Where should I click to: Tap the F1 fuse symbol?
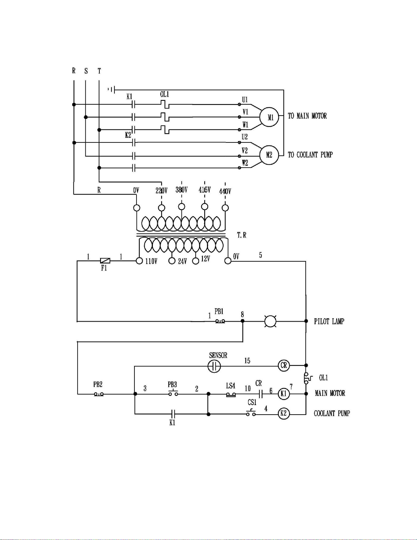click(x=105, y=261)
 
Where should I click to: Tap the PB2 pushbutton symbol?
click(x=99, y=394)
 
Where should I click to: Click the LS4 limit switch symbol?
click(x=231, y=395)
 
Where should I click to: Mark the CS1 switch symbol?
click(x=251, y=413)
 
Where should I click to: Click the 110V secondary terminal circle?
click(x=139, y=261)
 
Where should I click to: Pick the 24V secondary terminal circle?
click(x=172, y=261)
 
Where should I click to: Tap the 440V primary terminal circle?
click(x=225, y=207)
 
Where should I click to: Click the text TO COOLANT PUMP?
click(x=310, y=155)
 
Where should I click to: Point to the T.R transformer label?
click(x=241, y=235)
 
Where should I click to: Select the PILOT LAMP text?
click(x=329, y=321)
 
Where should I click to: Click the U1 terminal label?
click(x=245, y=99)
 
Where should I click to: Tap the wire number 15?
click(x=247, y=360)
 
